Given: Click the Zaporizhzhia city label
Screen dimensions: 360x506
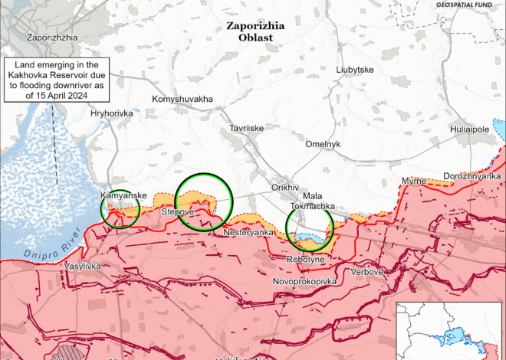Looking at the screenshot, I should [x=51, y=37].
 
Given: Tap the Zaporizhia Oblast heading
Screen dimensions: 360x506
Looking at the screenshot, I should [x=255, y=31].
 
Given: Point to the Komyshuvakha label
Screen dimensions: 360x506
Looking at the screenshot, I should [x=182, y=99].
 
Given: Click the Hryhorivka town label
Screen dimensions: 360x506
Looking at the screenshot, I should [x=111, y=113].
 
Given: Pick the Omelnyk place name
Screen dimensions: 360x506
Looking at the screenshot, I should [x=322, y=144].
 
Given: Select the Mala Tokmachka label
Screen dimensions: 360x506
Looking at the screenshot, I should [x=310, y=201].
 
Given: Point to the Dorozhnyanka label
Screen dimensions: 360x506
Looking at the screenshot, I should [x=472, y=175].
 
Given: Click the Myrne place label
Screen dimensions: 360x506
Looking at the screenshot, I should [x=413, y=181].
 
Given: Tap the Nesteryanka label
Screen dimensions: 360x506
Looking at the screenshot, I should [x=248, y=232].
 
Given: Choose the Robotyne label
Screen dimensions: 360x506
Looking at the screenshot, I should [x=306, y=260].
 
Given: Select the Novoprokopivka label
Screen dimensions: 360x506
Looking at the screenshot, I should [x=304, y=282].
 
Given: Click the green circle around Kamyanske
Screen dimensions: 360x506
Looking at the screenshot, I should [x=120, y=208].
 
